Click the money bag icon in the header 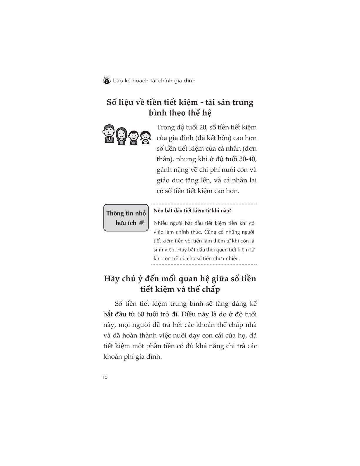[106, 80]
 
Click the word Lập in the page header [118, 81]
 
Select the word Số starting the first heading [112, 102]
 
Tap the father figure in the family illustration [109, 134]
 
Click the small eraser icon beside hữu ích [141, 223]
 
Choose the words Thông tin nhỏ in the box [126, 213]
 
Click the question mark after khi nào [230, 211]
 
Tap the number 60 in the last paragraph [140, 314]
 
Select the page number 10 [105, 377]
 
